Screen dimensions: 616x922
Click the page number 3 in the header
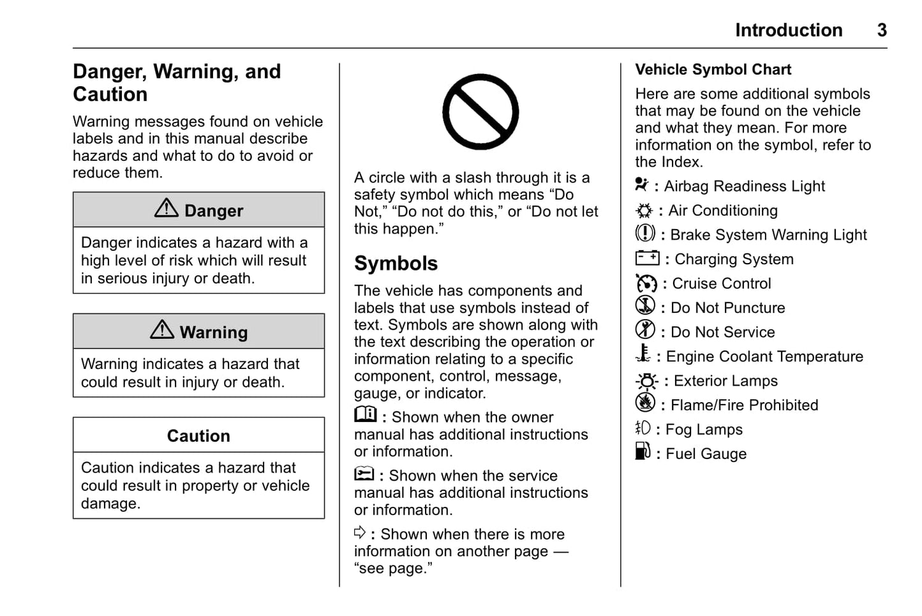(x=881, y=30)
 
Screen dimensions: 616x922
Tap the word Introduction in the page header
(x=788, y=30)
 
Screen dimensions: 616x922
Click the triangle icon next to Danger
(x=167, y=208)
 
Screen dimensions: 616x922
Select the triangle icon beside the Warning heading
(x=162, y=329)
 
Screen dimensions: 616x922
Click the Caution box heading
(x=198, y=436)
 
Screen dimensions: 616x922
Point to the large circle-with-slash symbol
(x=480, y=112)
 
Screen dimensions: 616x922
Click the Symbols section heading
(x=396, y=264)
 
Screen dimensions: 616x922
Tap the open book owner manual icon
(x=366, y=415)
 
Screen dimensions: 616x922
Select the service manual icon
(x=364, y=474)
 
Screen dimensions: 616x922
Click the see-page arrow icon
(x=360, y=532)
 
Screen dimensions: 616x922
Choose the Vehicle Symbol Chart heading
(x=713, y=70)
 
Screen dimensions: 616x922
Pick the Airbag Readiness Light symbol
(x=641, y=185)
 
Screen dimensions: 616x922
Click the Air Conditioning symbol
(x=644, y=211)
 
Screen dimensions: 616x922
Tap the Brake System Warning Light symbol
(x=645, y=234)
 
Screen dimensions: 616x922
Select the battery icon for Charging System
(x=647, y=258)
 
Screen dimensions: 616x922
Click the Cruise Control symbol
(x=646, y=283)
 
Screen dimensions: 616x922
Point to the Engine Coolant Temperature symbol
(x=644, y=354)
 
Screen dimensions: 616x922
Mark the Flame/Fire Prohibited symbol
(x=645, y=403)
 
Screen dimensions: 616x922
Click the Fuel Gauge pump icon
(x=643, y=451)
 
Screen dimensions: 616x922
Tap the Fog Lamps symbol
(x=643, y=428)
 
